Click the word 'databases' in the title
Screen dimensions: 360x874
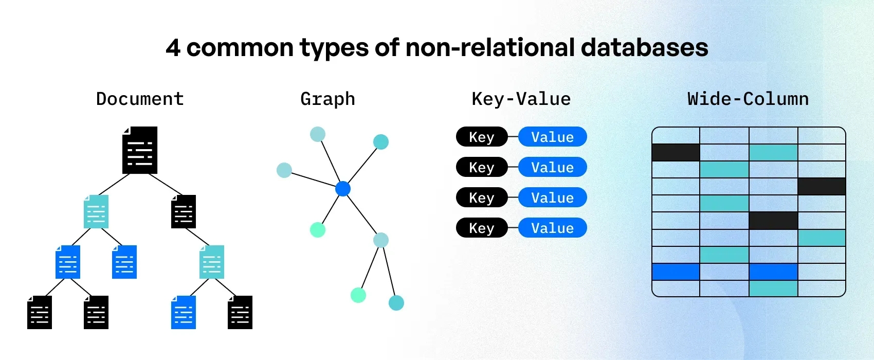coord(644,48)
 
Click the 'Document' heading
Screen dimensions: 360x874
coord(140,99)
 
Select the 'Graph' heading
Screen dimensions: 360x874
coord(327,99)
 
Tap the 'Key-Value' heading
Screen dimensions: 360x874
coord(521,99)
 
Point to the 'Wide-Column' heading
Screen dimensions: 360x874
coord(748,99)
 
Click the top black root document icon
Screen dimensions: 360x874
coord(140,150)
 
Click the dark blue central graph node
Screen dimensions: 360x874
coord(343,189)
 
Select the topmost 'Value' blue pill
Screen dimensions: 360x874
coord(552,137)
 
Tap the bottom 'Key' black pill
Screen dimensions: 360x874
coord(481,228)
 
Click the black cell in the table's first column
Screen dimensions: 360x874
coord(676,153)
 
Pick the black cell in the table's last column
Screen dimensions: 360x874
coord(821,187)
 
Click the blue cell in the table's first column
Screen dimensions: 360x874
coord(676,272)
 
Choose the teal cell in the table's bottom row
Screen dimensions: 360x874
coord(773,289)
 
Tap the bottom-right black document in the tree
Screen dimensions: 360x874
coord(240,312)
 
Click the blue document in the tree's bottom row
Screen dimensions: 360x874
coord(184,312)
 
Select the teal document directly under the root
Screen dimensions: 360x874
coord(96,211)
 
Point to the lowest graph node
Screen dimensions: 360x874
coord(396,303)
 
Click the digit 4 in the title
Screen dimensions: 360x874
coord(173,48)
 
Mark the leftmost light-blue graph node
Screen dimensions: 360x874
coord(284,170)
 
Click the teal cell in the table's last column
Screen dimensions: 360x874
coord(821,238)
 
